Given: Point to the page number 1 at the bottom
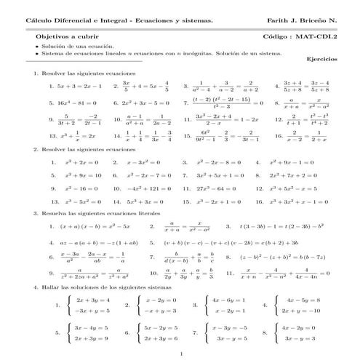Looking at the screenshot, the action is (x=180, y=354).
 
